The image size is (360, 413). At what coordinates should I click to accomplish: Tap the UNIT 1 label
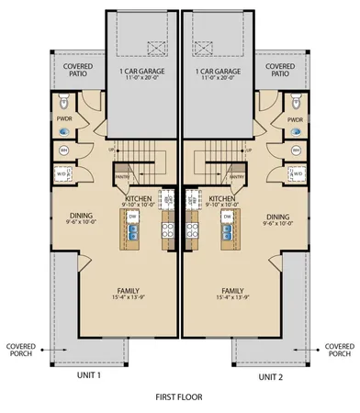(89, 375)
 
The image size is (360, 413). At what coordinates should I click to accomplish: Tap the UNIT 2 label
(270, 376)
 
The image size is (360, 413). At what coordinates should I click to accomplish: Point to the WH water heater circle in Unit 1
(65, 150)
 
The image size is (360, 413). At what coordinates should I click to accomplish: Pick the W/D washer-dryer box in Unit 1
(62, 173)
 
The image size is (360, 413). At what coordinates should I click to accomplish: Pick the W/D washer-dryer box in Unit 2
(297, 173)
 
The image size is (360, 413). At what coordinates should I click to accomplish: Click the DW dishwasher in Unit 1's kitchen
(133, 217)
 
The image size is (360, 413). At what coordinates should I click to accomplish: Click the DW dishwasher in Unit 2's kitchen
(225, 217)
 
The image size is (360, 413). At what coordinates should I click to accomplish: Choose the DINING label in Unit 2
(276, 218)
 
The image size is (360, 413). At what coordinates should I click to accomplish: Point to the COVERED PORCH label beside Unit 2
(339, 351)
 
